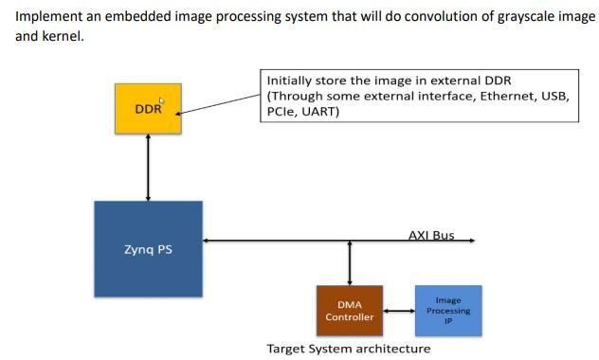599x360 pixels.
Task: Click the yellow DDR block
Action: [148, 109]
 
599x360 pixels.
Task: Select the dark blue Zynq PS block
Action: [148, 250]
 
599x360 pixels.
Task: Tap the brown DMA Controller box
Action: [350, 311]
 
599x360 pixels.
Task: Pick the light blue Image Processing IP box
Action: [447, 311]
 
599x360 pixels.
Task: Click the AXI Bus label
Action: [431, 235]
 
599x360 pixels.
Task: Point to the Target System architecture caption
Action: [349, 349]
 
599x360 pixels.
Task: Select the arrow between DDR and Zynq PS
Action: [148, 167]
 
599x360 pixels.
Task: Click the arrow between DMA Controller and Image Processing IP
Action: [398, 311]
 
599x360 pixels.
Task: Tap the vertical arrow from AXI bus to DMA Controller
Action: [350, 262]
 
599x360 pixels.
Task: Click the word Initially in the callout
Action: [289, 81]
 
